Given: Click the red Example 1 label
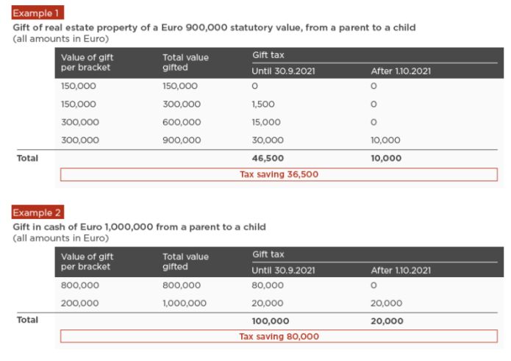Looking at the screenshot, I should tap(37, 12).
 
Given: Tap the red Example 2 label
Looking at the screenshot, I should tap(37, 212).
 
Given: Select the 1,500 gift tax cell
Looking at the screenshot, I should tap(263, 104).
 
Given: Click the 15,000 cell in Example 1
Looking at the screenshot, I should tap(266, 122).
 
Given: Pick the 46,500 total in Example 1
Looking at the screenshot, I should tap(268, 158).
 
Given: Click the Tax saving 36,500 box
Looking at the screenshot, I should tap(279, 174).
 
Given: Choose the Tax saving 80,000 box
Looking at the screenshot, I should tap(279, 336).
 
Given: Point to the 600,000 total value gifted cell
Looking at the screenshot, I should tap(182, 122).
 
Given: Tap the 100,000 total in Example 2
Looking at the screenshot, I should tap(271, 321).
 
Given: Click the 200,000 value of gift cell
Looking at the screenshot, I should tap(80, 303).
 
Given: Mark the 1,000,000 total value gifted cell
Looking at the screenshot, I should tap(185, 303).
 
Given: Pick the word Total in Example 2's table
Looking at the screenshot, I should tap(27, 320).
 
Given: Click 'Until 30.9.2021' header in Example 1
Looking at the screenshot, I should tap(283, 71).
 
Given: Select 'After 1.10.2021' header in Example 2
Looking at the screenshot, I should tap(401, 271).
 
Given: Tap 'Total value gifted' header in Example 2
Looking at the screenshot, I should tap(185, 262).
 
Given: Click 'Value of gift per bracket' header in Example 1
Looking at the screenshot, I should tap(87, 62).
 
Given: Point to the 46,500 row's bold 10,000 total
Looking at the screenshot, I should tap(386, 158).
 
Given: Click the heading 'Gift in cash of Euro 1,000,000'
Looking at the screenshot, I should tap(140, 227).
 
